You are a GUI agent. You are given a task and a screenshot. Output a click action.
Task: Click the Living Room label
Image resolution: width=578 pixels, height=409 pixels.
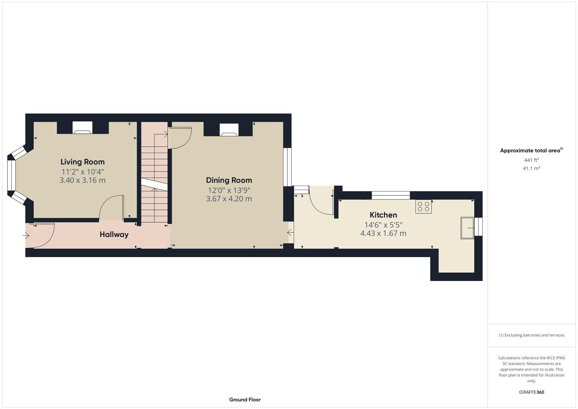click(x=82, y=162)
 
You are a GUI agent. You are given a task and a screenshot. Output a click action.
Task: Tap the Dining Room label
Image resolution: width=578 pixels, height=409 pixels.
click(x=229, y=180)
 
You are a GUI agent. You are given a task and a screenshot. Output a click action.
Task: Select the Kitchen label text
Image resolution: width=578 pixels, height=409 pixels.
click(x=383, y=215)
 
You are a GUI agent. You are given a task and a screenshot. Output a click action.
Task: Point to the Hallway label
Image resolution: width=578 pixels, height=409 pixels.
click(x=114, y=234)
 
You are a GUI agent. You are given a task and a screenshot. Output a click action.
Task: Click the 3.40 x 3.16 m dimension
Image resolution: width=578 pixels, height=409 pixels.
click(x=82, y=180)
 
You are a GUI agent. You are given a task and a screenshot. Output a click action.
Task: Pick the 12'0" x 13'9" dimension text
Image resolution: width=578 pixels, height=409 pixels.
click(x=229, y=190)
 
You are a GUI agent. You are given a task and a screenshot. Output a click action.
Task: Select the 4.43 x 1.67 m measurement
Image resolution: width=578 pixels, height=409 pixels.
click(x=383, y=233)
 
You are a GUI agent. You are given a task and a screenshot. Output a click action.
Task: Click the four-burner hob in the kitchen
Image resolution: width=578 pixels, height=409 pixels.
click(x=424, y=207)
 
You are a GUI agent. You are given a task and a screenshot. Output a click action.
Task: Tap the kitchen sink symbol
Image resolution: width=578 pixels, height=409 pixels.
click(x=467, y=228)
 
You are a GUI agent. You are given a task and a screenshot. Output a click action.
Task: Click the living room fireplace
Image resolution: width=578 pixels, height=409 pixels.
click(x=82, y=128)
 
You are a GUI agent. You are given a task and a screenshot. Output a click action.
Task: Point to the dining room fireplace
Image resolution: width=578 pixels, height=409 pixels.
click(x=229, y=130)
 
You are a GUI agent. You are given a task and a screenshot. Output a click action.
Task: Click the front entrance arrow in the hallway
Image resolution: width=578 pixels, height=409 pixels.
click(x=26, y=236)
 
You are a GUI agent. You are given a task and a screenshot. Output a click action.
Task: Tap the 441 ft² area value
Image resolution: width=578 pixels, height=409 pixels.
click(x=531, y=160)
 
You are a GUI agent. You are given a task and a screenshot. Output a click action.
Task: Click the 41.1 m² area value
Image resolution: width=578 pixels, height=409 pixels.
click(x=531, y=168)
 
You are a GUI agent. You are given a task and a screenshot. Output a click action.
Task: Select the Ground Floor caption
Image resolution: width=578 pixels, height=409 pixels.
click(x=245, y=400)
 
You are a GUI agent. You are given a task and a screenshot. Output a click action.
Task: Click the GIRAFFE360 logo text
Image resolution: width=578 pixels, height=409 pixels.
click(x=531, y=392)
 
